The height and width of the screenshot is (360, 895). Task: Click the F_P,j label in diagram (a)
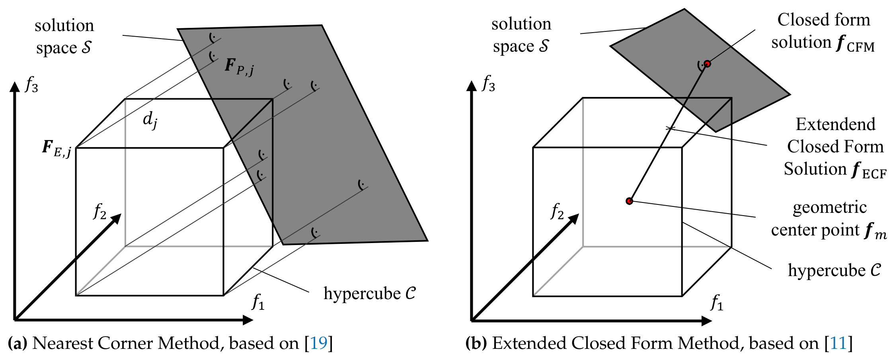tap(239, 66)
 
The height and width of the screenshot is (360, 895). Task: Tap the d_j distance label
tap(150, 120)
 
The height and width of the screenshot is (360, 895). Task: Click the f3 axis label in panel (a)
tap(31, 84)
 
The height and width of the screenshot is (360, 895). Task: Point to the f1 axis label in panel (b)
tap(717, 302)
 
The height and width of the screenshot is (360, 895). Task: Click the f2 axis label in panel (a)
tap(100, 211)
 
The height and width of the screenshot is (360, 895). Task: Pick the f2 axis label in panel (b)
tap(557, 211)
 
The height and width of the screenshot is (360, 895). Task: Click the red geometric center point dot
tap(629, 201)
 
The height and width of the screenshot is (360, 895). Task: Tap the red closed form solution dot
tap(707, 64)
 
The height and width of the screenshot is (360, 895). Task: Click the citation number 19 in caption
tap(318, 343)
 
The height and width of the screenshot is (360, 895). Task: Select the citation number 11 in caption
tap(838, 343)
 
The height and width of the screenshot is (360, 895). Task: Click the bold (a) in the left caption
tap(18, 343)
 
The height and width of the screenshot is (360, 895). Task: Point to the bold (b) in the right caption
tap(476, 343)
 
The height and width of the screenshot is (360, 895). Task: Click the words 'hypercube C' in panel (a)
tap(370, 294)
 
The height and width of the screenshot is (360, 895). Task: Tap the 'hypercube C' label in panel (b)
tap(835, 270)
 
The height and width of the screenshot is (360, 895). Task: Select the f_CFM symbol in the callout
tap(855, 43)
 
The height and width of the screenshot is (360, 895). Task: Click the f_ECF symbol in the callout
tap(869, 170)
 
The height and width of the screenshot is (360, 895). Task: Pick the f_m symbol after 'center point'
tap(876, 231)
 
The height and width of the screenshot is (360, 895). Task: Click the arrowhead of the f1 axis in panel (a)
tap(248, 320)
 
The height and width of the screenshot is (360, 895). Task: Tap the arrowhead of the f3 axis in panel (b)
tap(472, 86)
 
